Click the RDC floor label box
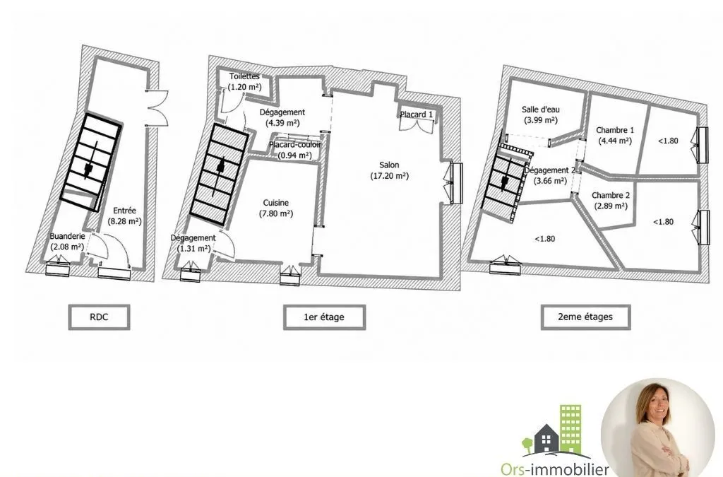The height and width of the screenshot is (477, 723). (99, 317)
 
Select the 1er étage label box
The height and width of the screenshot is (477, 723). (324, 317)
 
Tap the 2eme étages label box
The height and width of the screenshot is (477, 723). (585, 317)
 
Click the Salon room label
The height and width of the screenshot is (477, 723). (389, 165)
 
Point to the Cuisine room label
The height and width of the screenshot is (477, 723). (276, 203)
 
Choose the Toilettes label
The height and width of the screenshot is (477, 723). (244, 76)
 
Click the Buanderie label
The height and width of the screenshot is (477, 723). (67, 236)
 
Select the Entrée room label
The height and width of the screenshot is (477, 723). (124, 211)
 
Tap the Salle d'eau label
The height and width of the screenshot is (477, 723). (540, 110)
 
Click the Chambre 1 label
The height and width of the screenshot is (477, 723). (615, 130)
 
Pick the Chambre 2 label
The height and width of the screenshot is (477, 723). (611, 195)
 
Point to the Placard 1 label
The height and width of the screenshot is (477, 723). (416, 114)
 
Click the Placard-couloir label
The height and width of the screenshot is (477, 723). (294, 144)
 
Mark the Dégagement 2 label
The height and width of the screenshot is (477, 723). (549, 170)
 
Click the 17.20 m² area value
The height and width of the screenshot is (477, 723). (390, 176)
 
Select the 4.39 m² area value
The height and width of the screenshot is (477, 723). (282, 123)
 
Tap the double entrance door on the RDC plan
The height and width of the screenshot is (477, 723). (157, 107)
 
